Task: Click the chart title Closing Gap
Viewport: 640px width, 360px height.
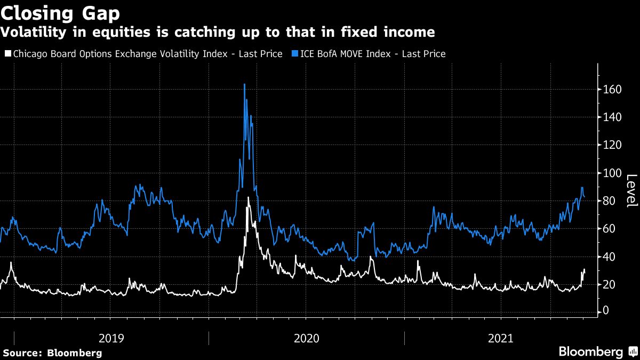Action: click(x=60, y=12)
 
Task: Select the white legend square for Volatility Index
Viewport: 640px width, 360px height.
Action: click(x=7, y=53)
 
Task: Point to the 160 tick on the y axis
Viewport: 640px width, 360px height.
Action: click(x=613, y=90)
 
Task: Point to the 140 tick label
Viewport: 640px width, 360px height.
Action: click(x=613, y=117)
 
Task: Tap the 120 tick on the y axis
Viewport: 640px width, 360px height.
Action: click(x=613, y=145)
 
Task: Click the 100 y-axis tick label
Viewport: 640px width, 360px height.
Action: click(x=613, y=173)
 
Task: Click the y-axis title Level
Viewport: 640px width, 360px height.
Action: click(x=631, y=190)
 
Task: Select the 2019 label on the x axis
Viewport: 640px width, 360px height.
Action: click(x=111, y=338)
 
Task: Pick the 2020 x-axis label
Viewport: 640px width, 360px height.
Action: click(x=306, y=338)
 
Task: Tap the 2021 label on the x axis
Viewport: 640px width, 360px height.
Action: click(x=501, y=338)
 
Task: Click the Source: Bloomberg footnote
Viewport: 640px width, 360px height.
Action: click(x=52, y=353)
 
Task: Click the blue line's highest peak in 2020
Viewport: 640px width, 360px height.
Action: click(x=244, y=84)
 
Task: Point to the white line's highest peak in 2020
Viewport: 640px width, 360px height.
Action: click(x=248, y=197)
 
